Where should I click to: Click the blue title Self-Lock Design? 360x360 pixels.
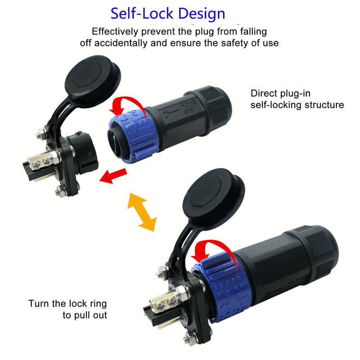pos(168,13)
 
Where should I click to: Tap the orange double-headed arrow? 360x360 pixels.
pos(142,212)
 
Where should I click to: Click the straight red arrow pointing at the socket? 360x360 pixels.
pos(113,176)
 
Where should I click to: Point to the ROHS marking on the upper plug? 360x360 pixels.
pos(188,104)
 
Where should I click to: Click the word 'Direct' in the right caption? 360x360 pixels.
pos(264,93)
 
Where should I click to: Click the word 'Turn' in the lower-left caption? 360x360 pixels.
pos(39,303)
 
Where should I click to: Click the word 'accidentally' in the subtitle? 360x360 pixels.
pos(121,43)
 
